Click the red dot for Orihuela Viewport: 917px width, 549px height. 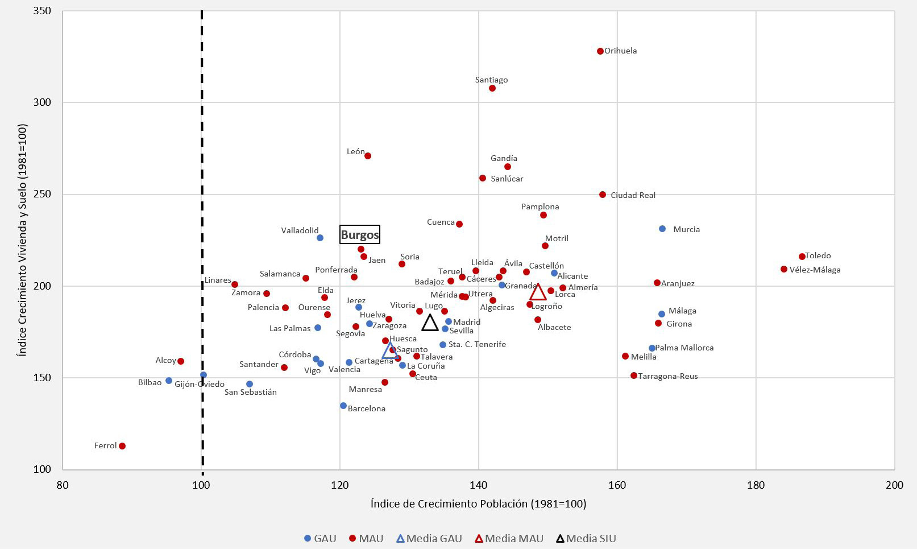600,51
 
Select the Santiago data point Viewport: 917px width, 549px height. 492,88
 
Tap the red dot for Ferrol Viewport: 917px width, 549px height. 122,446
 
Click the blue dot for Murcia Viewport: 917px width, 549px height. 662,229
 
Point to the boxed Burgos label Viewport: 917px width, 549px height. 360,234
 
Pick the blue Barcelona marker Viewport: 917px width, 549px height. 343,406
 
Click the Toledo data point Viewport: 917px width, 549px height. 802,257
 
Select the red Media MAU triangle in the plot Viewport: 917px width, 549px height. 538,292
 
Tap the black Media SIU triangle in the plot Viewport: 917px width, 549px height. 430,323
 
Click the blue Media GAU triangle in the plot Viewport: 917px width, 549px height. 390,351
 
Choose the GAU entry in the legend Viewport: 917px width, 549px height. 320,538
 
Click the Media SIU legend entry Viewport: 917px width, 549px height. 586,538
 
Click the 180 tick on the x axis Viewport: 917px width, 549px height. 756,485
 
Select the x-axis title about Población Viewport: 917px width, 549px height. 478,503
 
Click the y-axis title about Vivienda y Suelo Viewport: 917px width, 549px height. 22,240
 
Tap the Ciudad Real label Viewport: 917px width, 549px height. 633,195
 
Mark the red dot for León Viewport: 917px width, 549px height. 368,156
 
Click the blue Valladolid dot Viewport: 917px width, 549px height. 320,238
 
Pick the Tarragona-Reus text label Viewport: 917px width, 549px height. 668,376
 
